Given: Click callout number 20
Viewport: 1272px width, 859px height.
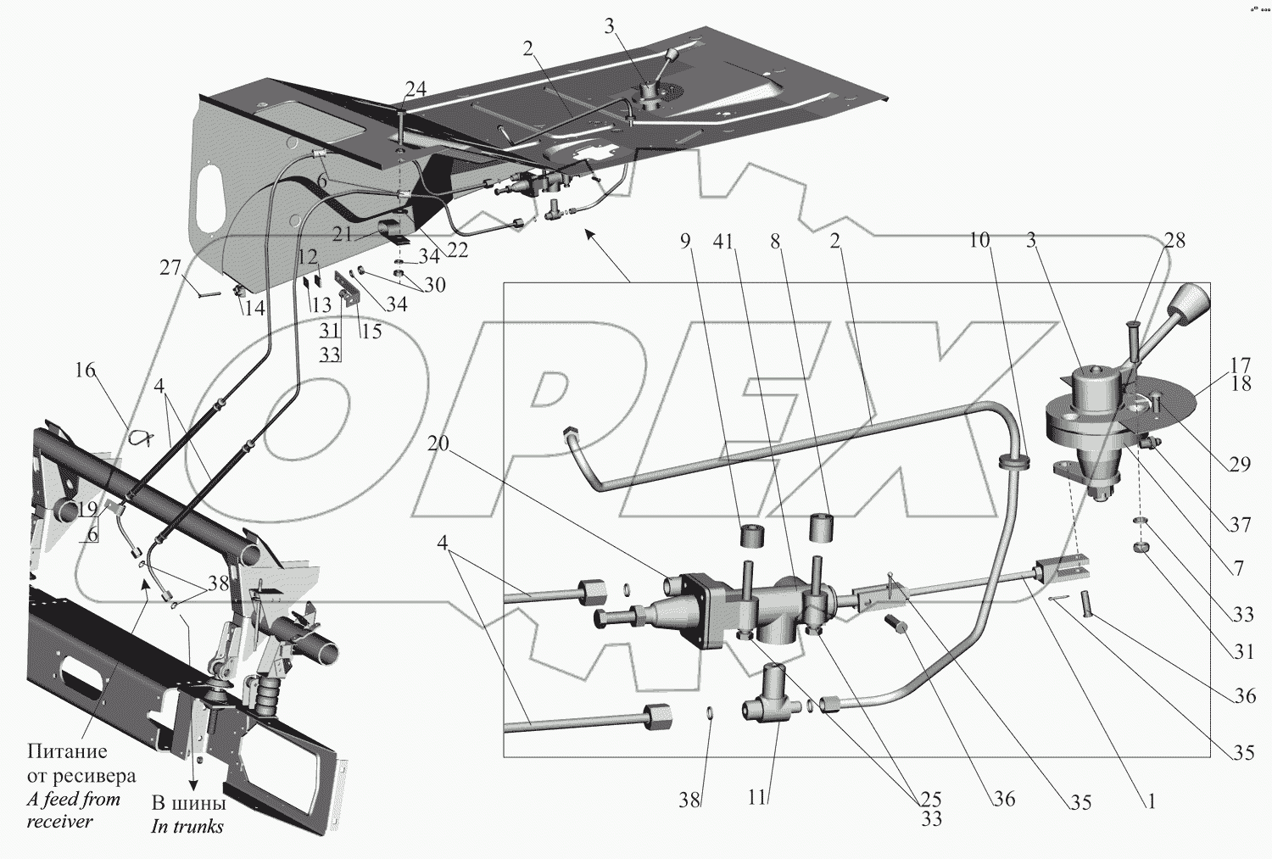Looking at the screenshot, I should [438, 443].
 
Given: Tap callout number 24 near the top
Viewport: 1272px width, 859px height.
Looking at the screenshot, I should [416, 90].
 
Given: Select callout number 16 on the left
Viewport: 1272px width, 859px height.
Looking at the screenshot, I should [85, 371].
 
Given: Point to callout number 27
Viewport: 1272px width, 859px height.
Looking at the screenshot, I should [170, 267].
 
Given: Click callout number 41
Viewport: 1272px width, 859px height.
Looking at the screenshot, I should [722, 242].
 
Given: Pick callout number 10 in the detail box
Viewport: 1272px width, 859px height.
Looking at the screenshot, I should [979, 240].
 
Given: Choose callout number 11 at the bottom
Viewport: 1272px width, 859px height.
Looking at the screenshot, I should [757, 797].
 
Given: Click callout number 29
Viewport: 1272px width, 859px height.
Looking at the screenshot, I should [1240, 464].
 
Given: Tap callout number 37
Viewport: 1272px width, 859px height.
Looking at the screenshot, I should [1240, 525].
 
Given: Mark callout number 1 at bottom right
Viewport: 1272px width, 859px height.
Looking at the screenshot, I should [1151, 801].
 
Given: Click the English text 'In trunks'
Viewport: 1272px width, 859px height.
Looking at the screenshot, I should [187, 826].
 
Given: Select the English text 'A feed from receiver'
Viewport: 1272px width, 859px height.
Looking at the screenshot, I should [74, 810].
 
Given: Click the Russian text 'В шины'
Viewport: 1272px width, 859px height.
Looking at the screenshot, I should [188, 804].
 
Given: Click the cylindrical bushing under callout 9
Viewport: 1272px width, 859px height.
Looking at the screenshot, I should [752, 537].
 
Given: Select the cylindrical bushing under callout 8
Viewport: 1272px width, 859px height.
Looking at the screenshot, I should [821, 527].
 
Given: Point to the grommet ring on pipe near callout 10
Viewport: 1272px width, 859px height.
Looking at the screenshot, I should [1014, 461].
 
